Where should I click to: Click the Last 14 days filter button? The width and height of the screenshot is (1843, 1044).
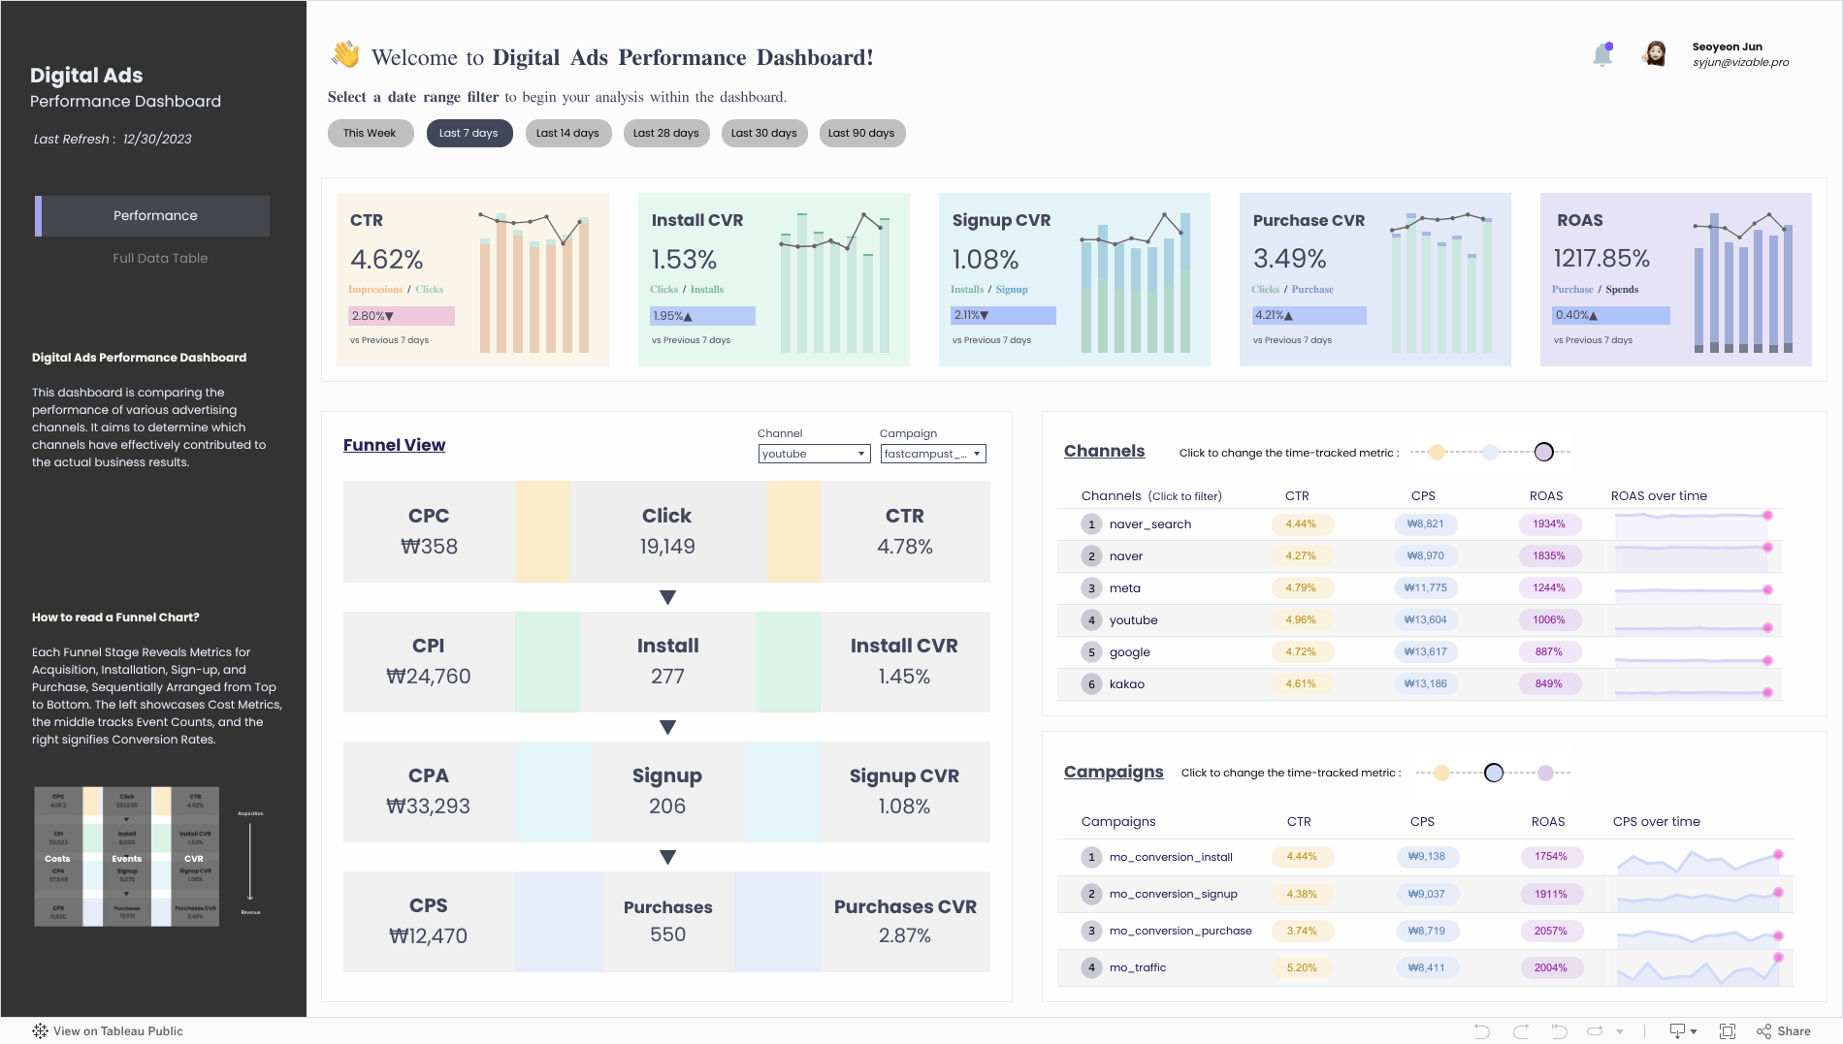pos(567,133)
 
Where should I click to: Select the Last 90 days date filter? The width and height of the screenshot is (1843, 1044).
pos(860,133)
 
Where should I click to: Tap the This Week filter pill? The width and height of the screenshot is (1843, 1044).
pos(370,133)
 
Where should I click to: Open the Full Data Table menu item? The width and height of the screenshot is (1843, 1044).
pos(160,258)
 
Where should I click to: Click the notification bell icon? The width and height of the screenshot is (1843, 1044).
pos(1602,55)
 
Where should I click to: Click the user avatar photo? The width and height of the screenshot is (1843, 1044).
pos(1655,54)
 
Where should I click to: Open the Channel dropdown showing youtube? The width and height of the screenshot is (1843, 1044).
pos(813,454)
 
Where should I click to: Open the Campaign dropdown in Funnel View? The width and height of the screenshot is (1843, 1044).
pos(932,454)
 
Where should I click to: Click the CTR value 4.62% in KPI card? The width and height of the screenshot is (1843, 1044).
pos(386,260)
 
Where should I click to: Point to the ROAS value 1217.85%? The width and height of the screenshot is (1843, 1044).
pos(1600,259)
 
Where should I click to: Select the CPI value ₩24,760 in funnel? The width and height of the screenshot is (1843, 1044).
pos(428,677)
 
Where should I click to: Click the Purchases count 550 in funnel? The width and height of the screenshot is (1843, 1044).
pos(667,934)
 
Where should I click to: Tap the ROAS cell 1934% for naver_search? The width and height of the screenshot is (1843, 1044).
pos(1548,524)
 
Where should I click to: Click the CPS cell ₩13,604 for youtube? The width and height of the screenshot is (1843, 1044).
pos(1425,620)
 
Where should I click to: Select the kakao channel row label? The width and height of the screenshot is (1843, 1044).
pos(1126,684)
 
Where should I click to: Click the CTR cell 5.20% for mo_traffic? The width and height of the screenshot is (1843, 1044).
pos(1301,967)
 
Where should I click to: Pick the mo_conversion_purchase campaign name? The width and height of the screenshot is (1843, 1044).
pos(1180,931)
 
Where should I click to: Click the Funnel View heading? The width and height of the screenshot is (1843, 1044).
pos(394,445)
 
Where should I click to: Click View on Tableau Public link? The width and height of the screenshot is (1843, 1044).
pos(117,1031)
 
